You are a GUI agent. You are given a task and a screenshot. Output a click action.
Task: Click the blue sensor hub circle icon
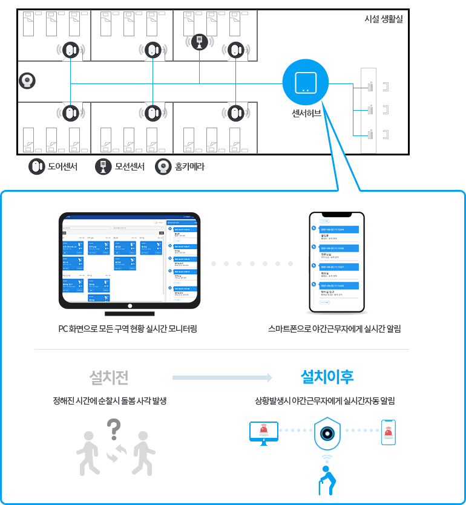click(305, 82)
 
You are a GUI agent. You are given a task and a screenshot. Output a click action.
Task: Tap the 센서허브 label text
click(306, 113)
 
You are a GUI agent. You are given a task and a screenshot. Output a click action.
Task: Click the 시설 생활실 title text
click(383, 19)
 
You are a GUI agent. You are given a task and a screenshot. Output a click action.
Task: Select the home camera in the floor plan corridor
click(27, 80)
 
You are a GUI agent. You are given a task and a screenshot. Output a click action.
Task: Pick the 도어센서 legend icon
click(37, 166)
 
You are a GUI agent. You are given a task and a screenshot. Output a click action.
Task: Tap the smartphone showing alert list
click(336, 262)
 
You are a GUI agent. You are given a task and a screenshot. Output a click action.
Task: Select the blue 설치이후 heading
click(327, 377)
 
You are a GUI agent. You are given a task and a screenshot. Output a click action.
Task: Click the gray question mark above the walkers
click(113, 430)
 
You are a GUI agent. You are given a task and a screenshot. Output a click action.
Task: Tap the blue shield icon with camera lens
click(327, 433)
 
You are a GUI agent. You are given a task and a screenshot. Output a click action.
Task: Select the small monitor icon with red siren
click(263, 433)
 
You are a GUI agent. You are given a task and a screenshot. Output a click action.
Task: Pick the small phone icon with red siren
click(389, 432)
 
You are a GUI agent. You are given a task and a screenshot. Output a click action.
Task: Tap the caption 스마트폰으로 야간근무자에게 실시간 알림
click(335, 329)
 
